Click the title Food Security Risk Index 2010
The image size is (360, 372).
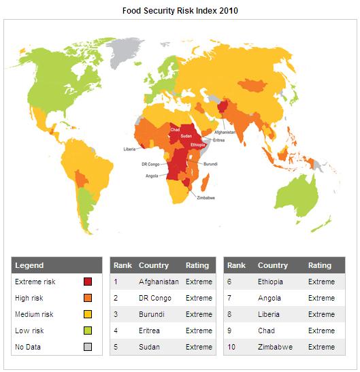pos(180,11)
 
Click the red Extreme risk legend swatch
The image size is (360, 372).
pos(88,282)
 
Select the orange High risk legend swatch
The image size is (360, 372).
pos(88,298)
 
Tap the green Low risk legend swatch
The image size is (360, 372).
pos(88,331)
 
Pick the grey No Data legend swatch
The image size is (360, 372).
pos(88,347)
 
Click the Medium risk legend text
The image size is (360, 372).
pos(34,314)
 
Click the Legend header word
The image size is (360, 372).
pos(29,265)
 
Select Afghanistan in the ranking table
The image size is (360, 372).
pos(159,282)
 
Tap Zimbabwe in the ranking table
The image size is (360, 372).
pos(276,347)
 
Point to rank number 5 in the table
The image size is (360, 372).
pos(116,347)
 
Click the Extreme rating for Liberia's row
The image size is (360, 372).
pos(321,314)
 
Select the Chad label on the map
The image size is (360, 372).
pos(175,128)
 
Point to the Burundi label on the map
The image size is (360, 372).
pos(211,164)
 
